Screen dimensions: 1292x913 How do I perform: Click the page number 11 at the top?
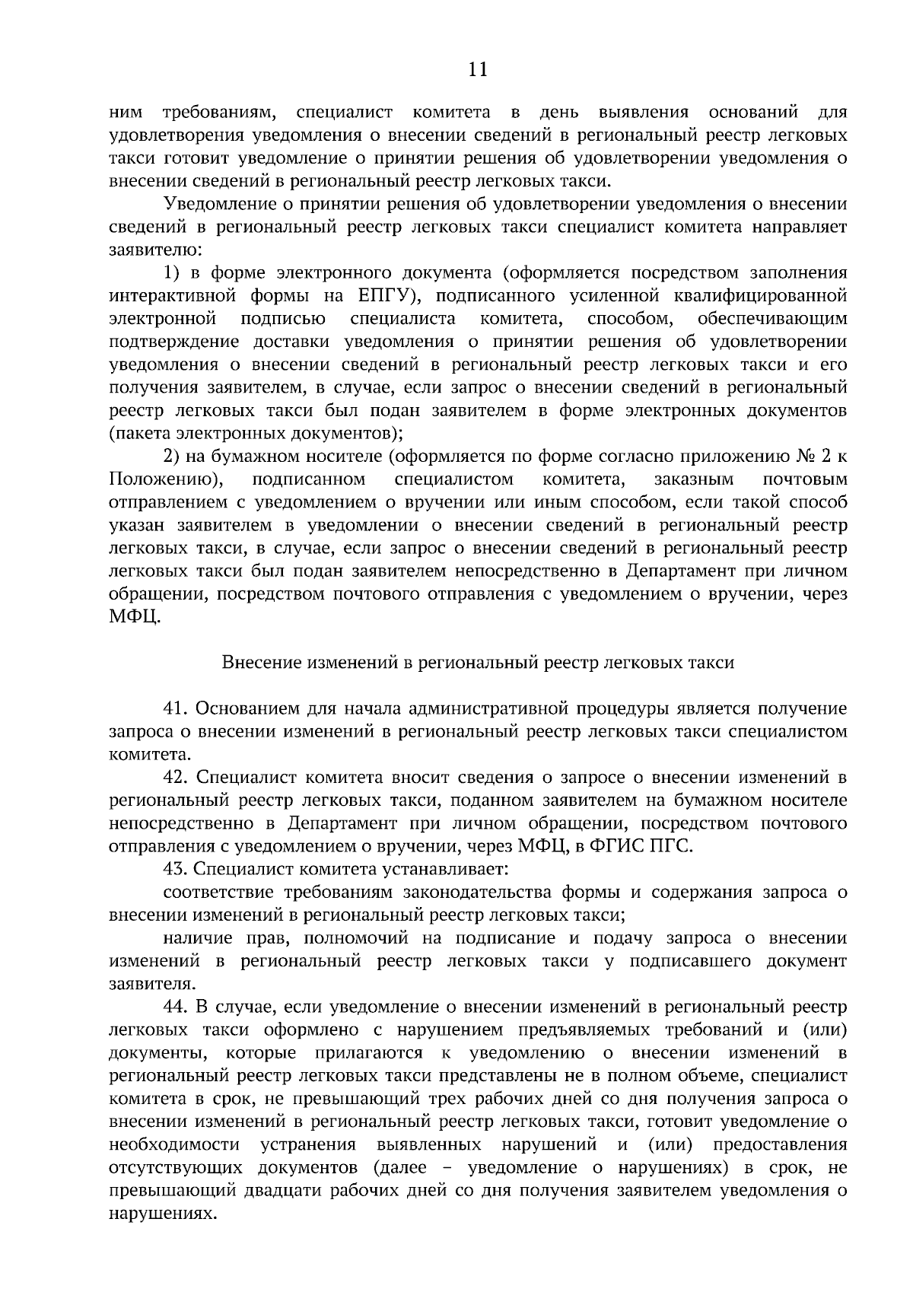coord(478,70)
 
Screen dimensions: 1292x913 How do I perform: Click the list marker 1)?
coord(173,272)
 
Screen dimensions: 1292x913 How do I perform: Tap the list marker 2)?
coord(173,457)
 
